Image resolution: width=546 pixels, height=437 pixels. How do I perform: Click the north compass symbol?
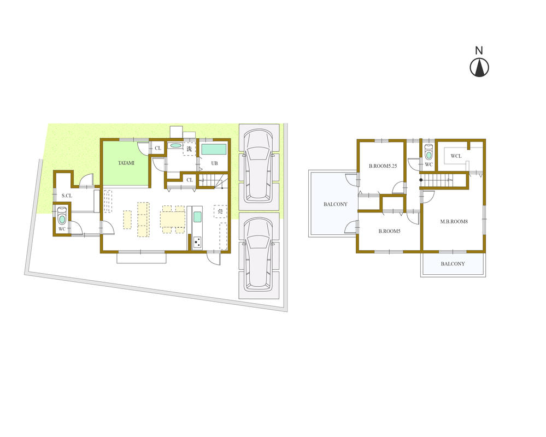479,67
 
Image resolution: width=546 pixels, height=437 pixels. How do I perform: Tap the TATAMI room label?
126,163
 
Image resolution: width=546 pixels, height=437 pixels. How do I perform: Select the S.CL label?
67,196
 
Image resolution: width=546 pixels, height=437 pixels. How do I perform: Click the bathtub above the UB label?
214,149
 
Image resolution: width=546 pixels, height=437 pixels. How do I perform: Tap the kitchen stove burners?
197,241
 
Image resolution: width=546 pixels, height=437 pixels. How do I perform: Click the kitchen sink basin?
197,216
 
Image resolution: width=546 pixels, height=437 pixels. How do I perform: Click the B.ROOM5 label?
390,231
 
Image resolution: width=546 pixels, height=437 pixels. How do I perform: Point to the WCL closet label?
456,156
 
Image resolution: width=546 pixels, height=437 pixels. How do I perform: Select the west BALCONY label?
335,204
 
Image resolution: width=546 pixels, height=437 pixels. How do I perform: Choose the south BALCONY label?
453,264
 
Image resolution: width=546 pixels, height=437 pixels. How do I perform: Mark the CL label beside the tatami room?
157,148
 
